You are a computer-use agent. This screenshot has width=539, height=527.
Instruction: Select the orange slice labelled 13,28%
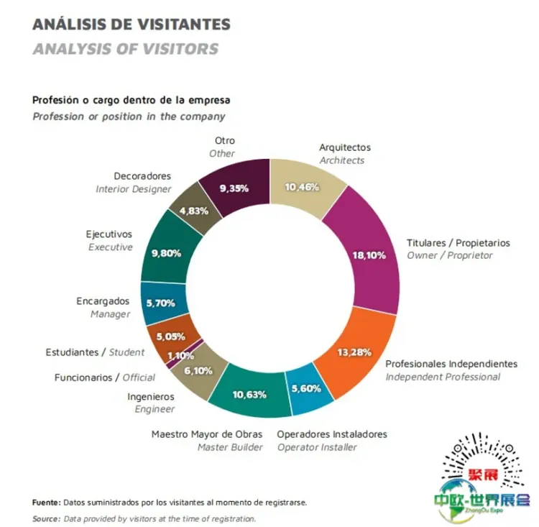tap(354, 352)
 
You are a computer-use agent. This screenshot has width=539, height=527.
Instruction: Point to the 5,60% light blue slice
tap(310, 389)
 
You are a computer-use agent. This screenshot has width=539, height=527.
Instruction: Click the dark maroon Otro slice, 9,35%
tap(234, 188)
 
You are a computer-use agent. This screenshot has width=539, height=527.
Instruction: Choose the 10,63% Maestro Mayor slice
tap(250, 394)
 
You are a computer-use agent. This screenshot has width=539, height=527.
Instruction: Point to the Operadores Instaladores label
tap(332, 434)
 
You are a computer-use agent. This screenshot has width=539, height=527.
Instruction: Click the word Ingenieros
tap(150, 395)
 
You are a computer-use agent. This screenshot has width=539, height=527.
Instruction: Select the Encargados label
tap(103, 301)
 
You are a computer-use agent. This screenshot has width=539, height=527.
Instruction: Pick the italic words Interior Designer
tap(134, 189)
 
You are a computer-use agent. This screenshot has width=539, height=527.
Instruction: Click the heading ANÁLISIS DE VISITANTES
tap(132, 24)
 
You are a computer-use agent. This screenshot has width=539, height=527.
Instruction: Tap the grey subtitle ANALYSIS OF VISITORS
tap(125, 50)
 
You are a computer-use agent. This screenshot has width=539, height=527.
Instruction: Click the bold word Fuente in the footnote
tap(47, 503)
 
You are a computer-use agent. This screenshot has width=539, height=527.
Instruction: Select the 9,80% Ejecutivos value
tap(166, 253)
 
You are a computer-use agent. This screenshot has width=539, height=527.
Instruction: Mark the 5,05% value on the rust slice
tap(171, 336)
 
